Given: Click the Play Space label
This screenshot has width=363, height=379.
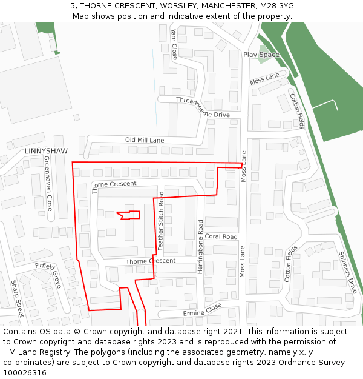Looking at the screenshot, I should coord(261,55).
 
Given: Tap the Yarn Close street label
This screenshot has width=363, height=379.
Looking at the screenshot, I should coord(174,44).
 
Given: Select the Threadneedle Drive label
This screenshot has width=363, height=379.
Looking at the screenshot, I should coord(203,107).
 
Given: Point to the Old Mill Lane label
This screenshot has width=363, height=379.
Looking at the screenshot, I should coord(145,140).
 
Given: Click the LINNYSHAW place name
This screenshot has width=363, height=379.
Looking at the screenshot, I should coord(46,150).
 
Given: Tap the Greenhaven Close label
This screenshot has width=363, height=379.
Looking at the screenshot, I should coord(48,184).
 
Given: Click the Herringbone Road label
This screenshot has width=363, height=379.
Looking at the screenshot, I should coord(200,247).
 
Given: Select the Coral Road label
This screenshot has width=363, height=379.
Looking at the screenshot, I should coord(221,236).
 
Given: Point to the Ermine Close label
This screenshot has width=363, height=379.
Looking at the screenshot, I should coord(203,310).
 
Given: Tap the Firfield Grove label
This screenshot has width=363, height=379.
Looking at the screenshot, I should coord(48,275).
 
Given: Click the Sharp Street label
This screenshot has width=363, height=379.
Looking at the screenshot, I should coord(17,298).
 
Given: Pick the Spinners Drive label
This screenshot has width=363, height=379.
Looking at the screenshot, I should coord(348,272).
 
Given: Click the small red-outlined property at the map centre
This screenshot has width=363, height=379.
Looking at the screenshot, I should coord(129,215).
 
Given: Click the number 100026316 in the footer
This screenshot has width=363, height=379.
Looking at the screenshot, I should coord(24,373).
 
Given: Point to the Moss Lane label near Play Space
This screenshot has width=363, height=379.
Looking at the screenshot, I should coord(264,78).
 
